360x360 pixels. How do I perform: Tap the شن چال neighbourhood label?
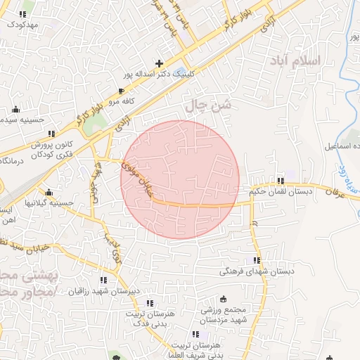click(207, 105)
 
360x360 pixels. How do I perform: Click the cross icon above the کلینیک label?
click(160, 63)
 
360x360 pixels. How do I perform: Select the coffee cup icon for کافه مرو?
click(121, 91)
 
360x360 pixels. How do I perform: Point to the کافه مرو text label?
click(121, 101)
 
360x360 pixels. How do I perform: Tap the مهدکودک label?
click(22, 24)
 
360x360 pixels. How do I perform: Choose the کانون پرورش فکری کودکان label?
click(51, 149)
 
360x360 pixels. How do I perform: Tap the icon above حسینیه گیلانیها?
click(49, 192)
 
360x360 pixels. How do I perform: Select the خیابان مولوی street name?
click(137, 177)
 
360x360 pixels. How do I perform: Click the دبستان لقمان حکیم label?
click(280, 191)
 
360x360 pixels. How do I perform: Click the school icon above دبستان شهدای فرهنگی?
click(256, 259)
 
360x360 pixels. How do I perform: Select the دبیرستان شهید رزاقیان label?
click(105, 290)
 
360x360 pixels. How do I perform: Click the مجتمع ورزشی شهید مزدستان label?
click(223, 314)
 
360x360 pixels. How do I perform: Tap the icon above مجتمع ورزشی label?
click(224, 299)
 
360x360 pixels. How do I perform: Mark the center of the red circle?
click(180, 179)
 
